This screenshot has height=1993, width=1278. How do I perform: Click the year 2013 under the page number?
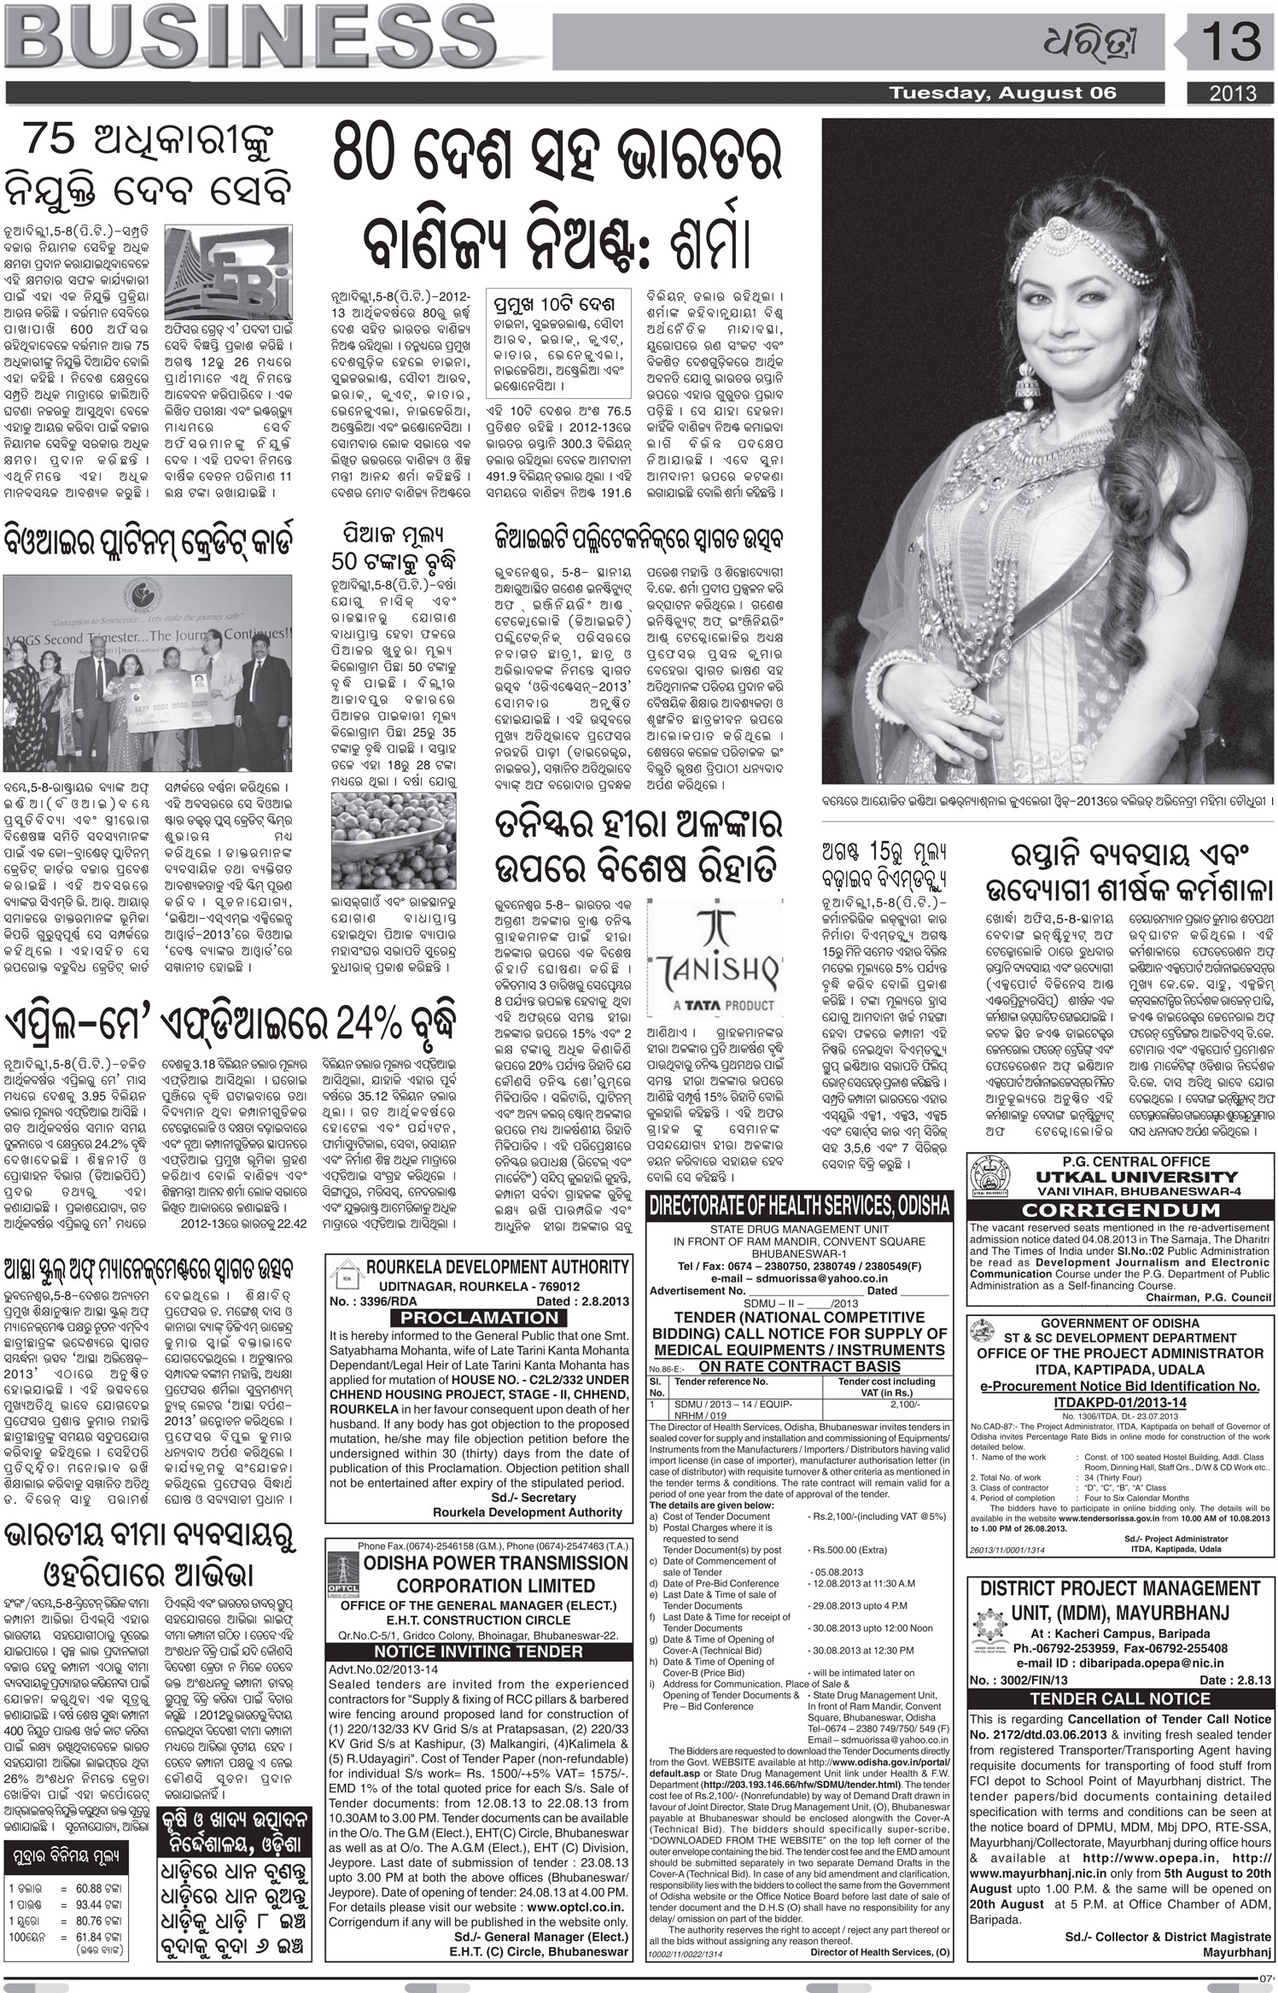point(1231,94)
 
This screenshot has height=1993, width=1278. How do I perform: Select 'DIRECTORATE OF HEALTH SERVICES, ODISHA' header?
point(799,1206)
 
